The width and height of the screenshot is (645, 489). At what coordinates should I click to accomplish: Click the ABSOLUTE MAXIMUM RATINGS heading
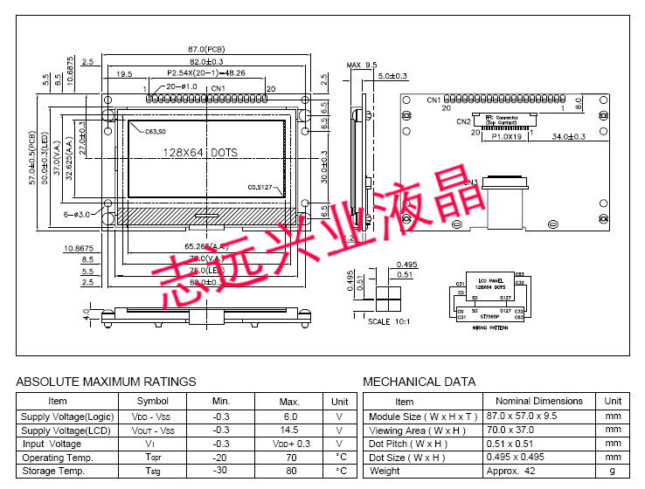[106, 382]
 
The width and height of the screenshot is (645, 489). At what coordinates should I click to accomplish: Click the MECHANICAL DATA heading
[419, 382]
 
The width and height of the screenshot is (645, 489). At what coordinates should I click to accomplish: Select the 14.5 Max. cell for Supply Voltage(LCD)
[289, 430]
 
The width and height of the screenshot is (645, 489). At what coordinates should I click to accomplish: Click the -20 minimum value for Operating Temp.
[221, 458]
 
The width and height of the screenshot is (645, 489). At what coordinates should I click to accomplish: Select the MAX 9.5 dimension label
[361, 65]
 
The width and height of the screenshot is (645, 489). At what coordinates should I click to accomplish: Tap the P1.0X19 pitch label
[506, 137]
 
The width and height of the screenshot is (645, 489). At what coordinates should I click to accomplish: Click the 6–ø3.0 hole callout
[78, 214]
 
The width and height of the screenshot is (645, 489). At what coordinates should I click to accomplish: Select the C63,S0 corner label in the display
[156, 131]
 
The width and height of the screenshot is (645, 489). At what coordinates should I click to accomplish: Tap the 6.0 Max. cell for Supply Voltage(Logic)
[289, 417]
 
